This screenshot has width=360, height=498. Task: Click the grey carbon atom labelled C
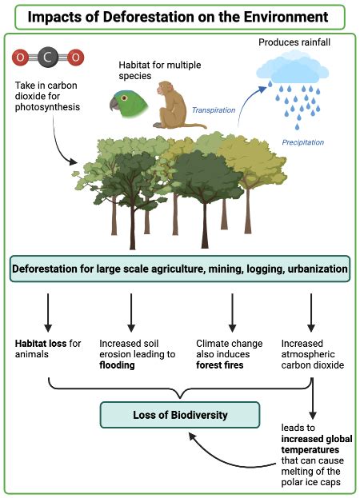pyautogui.click(x=48, y=58)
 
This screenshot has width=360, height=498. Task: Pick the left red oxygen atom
pyautogui.click(x=22, y=58)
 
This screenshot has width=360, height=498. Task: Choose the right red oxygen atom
pyautogui.click(x=75, y=58)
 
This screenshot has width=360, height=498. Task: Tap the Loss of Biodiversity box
pyautogui.click(x=181, y=415)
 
